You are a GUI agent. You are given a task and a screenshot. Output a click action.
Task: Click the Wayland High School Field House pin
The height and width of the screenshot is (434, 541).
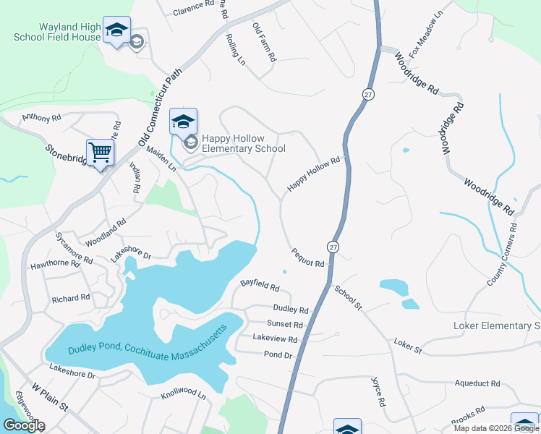(x=116, y=30)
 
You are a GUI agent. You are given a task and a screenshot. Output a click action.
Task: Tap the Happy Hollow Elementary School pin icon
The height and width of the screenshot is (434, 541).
(x=183, y=121)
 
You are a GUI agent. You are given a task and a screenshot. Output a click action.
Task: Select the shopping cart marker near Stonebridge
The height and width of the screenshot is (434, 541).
(x=100, y=153)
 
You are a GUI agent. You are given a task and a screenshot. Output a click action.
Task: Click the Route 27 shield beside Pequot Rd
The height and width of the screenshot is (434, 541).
(x=332, y=247)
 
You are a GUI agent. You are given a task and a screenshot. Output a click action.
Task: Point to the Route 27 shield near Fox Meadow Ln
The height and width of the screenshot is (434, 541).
(x=368, y=95)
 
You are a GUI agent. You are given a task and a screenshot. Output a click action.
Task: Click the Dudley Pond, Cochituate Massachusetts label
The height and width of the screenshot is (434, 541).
(x=148, y=339)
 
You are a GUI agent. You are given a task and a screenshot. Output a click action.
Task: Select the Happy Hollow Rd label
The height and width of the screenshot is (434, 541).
(x=313, y=175)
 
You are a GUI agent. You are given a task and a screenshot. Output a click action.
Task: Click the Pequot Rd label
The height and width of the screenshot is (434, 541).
(x=307, y=258)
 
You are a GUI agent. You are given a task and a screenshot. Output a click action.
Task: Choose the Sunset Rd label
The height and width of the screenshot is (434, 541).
(x=284, y=324)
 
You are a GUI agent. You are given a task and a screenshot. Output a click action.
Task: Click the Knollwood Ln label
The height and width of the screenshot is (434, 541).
(x=183, y=396)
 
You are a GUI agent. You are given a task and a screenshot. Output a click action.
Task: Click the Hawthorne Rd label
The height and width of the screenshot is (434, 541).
(x=55, y=264)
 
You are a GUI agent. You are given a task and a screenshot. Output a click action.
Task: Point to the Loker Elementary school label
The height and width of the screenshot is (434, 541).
(x=496, y=325)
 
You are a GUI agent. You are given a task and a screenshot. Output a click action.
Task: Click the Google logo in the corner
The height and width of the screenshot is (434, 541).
(x=24, y=425)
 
